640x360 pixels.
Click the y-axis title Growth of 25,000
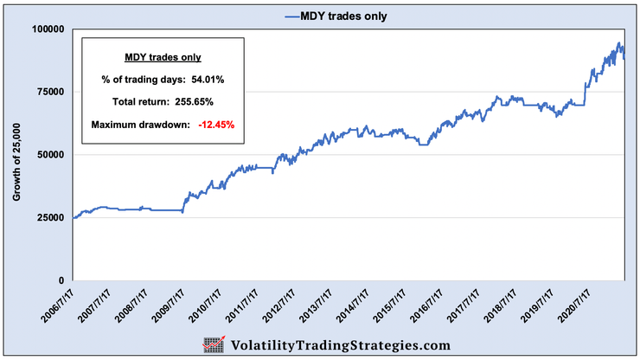(x=17, y=155)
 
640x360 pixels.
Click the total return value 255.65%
(x=196, y=103)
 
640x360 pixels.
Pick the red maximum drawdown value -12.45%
(x=216, y=125)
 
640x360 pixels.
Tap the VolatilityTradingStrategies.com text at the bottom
(x=340, y=344)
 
